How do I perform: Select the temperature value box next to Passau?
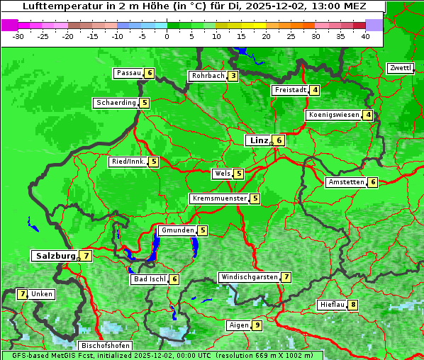(x=149, y=73)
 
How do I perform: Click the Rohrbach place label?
(x=208, y=76)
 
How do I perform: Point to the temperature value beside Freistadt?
(x=315, y=90)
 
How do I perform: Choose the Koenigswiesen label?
(x=334, y=115)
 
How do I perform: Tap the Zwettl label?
(x=400, y=68)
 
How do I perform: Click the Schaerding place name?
(x=116, y=103)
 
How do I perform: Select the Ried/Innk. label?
(x=128, y=162)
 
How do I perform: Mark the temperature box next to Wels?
(x=239, y=174)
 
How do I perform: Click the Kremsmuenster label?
(x=219, y=198)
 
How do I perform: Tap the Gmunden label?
(x=177, y=230)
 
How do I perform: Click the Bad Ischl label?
(x=149, y=279)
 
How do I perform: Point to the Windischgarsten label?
(x=249, y=277)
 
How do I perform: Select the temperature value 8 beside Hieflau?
(x=353, y=305)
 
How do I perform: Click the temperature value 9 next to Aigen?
(x=257, y=325)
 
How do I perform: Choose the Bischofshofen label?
(x=105, y=346)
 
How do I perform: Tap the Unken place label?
(x=42, y=294)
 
